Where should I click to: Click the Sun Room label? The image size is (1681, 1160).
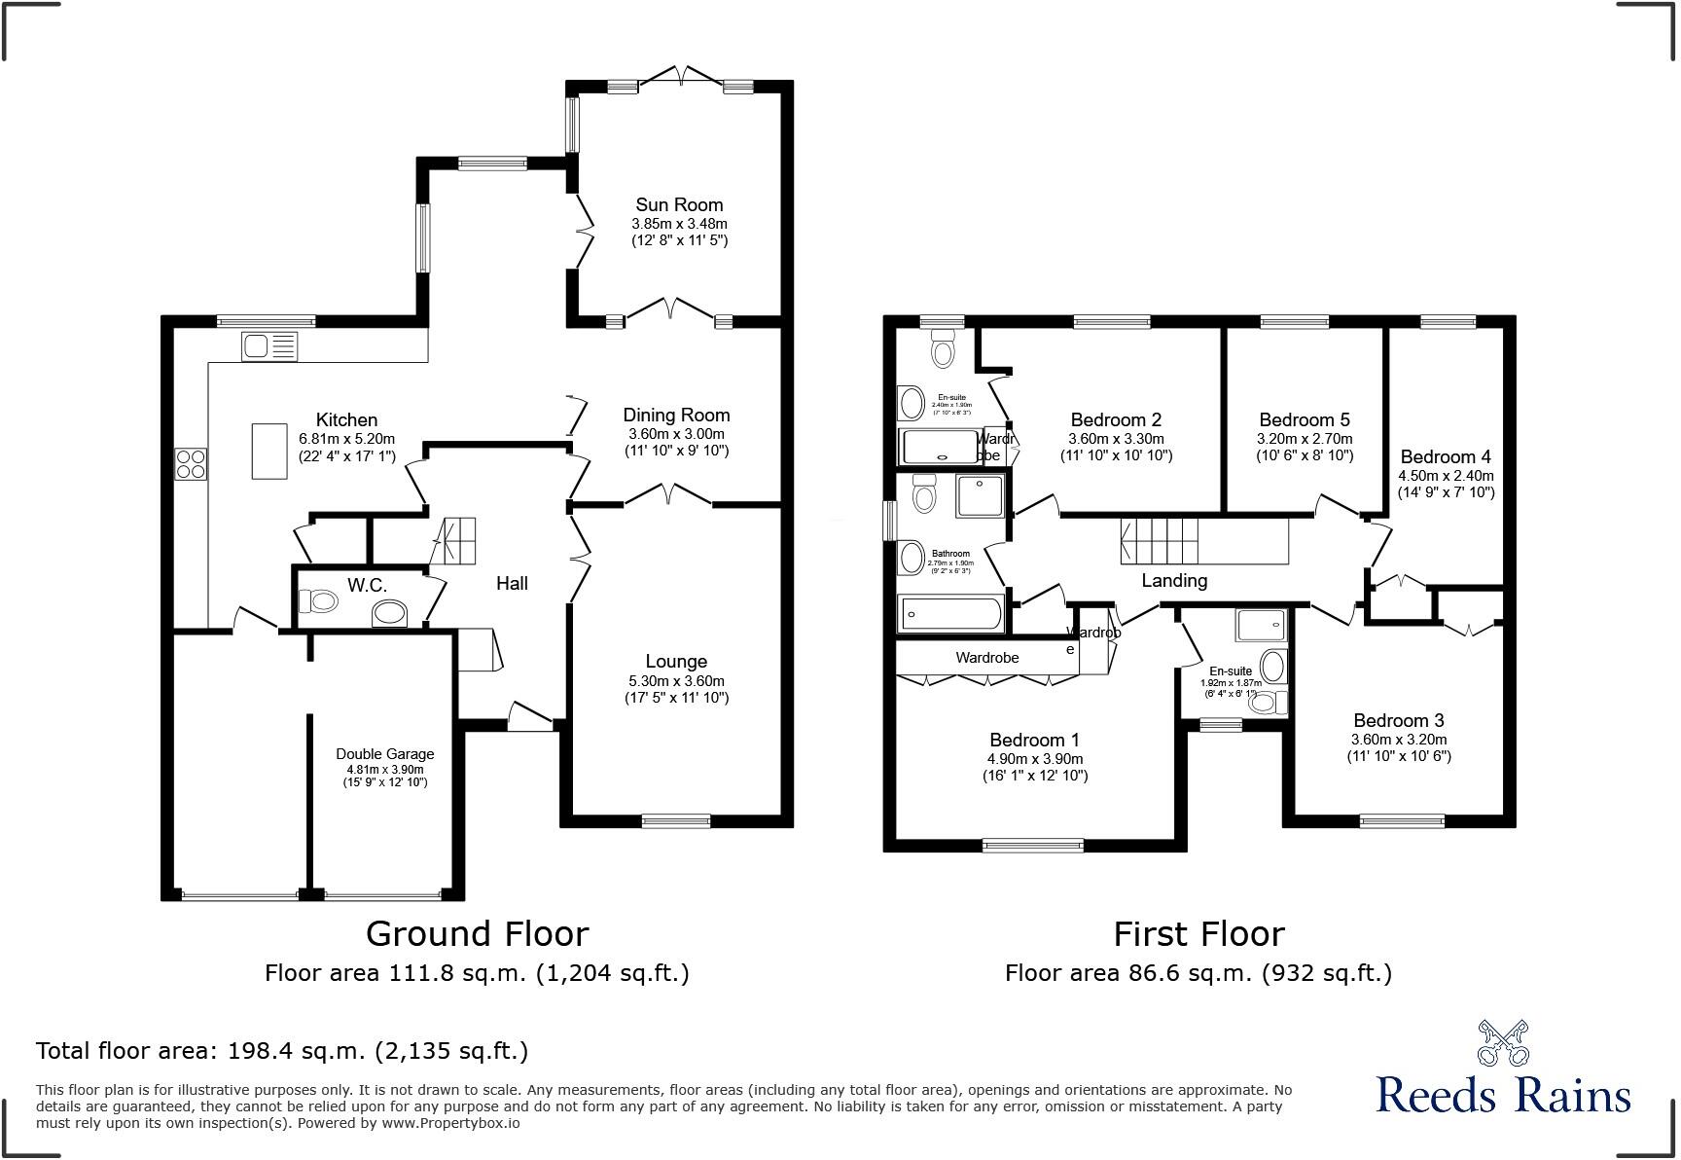click(679, 204)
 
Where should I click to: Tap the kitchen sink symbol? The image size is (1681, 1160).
click(269, 346)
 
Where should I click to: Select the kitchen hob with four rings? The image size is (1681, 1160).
click(191, 463)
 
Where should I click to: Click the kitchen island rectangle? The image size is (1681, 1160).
click(269, 451)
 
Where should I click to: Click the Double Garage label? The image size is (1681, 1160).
click(384, 753)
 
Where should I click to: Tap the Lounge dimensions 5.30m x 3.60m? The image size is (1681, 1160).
click(676, 681)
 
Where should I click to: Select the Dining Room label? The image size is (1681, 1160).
click(676, 415)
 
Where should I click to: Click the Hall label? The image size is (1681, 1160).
click(512, 583)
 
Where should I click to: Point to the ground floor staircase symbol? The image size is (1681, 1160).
click(454, 541)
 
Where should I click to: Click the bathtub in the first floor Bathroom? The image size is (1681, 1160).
click(950, 614)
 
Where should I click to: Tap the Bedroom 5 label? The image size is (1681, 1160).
click(1304, 419)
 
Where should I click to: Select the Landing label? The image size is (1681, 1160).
click(1174, 580)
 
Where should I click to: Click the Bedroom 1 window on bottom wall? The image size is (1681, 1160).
click(1032, 845)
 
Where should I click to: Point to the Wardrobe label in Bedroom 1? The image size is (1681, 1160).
click(986, 658)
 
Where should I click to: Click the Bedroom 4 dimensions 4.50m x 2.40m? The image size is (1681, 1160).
click(1445, 476)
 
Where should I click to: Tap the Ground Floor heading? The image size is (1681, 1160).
click(477, 933)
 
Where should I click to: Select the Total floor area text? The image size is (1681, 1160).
click(282, 1050)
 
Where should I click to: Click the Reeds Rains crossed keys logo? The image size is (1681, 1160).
click(1502, 1043)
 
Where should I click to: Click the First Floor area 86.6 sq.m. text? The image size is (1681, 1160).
click(1198, 972)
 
